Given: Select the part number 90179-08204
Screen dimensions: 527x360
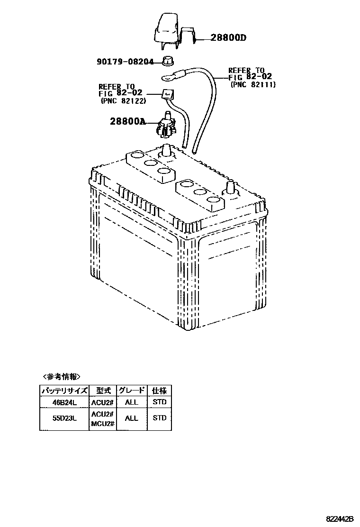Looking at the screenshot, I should click(x=126, y=62).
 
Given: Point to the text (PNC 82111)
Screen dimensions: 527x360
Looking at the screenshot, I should click(x=253, y=84).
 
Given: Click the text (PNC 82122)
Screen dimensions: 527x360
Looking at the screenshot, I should click(x=123, y=101).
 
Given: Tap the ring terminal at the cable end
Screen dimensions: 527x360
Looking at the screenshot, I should click(x=167, y=75).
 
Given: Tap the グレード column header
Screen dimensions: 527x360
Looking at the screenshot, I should click(x=131, y=391).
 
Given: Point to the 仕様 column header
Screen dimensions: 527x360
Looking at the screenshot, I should click(x=159, y=391).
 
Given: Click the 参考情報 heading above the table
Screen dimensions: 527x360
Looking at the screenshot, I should click(x=62, y=377).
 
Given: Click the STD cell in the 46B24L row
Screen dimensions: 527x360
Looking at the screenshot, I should click(x=160, y=402).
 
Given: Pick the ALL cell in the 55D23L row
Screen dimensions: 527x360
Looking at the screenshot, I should click(x=131, y=418).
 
